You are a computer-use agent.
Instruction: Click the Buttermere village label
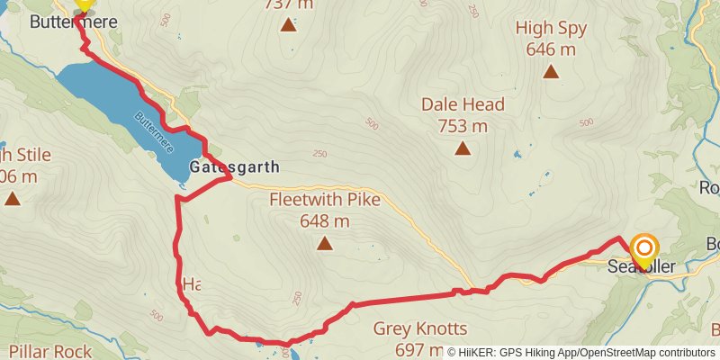coord(73,22)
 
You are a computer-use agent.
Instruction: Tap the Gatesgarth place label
coord(235,167)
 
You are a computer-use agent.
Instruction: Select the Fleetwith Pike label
coord(325,200)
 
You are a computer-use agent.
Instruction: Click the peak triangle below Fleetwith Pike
coord(325,242)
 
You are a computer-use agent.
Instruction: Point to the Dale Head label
coord(463,104)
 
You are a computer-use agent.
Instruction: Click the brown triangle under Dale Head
coord(463,148)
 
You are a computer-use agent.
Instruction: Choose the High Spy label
coord(551,28)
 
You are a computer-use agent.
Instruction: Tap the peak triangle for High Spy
coord(551,72)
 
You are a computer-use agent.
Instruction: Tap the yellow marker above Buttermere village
coord(83,5)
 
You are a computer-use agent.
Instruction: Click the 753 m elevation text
coord(463,125)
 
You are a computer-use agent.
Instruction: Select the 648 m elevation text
coord(325,220)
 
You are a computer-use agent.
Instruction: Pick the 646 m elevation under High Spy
coord(551,49)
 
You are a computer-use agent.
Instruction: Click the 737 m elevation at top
coord(288,4)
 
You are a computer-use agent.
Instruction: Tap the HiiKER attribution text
coord(582,352)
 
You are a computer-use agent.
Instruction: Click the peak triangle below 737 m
coord(288,24)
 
